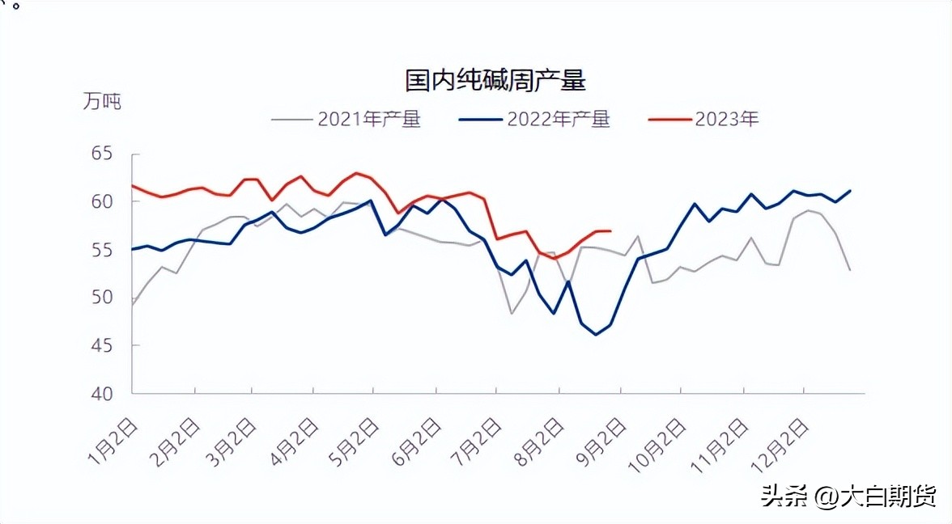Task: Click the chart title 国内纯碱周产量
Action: [495, 81]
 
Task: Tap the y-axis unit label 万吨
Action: [101, 102]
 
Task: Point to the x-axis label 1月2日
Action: [113, 442]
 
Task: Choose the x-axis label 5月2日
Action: [354, 442]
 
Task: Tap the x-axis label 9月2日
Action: [599, 442]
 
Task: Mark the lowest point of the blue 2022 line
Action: [596, 335]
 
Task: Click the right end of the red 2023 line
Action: [610, 231]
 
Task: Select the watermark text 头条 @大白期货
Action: [848, 496]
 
